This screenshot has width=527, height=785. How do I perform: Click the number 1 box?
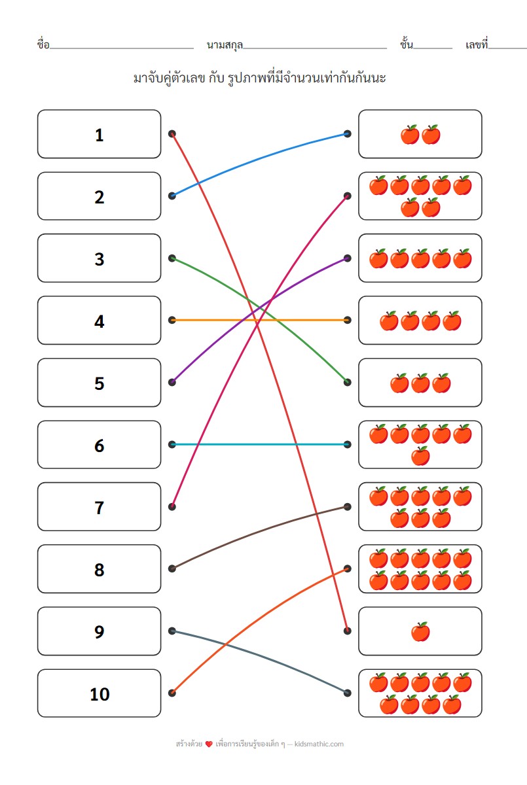click(x=99, y=134)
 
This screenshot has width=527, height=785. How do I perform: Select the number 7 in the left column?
click(x=99, y=507)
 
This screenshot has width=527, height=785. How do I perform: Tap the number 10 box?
click(x=99, y=693)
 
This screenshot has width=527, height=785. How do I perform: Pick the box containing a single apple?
click(x=420, y=631)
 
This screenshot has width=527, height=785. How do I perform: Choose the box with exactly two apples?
click(x=420, y=134)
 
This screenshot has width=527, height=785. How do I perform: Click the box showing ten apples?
click(x=420, y=569)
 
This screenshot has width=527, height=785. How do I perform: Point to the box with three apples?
click(x=420, y=383)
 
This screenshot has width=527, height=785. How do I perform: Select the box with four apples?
click(x=420, y=321)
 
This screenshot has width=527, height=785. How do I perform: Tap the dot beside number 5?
click(x=172, y=382)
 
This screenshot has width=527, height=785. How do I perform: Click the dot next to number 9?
click(x=172, y=631)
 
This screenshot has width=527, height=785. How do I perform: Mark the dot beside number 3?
click(x=172, y=258)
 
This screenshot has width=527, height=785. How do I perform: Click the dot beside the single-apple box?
click(x=347, y=631)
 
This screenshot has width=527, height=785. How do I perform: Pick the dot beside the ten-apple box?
click(x=347, y=568)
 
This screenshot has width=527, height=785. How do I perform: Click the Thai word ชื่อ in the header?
click(x=43, y=45)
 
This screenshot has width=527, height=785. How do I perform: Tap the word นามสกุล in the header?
click(x=224, y=45)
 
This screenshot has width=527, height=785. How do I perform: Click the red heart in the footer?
click(x=209, y=744)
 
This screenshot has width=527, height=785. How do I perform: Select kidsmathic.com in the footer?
click(x=319, y=744)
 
